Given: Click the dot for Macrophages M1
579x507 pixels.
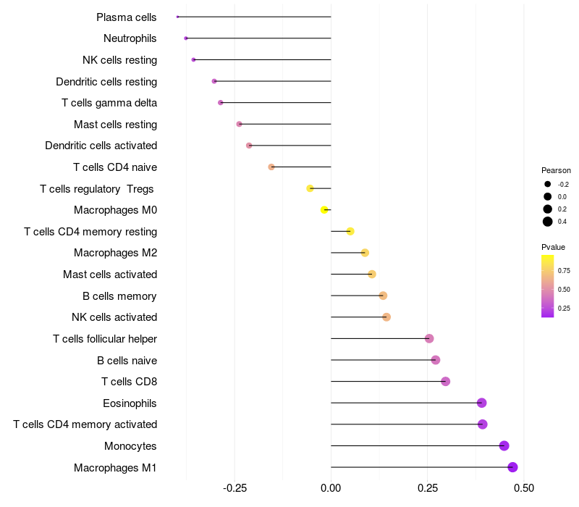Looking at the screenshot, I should pos(512,467).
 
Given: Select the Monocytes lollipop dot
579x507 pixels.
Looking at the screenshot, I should pos(504,445).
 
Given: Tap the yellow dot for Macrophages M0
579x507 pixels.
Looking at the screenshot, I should pos(324,210).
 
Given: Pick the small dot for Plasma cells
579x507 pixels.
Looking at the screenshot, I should pos(177,17).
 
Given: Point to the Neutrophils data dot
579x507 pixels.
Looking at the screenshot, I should pos(186,38).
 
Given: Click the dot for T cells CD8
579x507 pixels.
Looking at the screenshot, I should pos(445,382).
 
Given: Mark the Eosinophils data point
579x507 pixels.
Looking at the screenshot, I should pos(482,403).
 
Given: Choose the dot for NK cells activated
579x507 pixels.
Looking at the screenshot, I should pos(386,317).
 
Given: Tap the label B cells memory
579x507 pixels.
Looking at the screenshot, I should pos(119,296).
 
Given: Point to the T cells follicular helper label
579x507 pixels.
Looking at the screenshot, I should pos(105,338).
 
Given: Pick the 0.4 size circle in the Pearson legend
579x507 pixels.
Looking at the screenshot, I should pos(548,222).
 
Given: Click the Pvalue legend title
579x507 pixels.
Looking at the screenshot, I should pos(554,247).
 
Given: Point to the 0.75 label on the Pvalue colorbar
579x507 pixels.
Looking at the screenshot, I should pos(564,271).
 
